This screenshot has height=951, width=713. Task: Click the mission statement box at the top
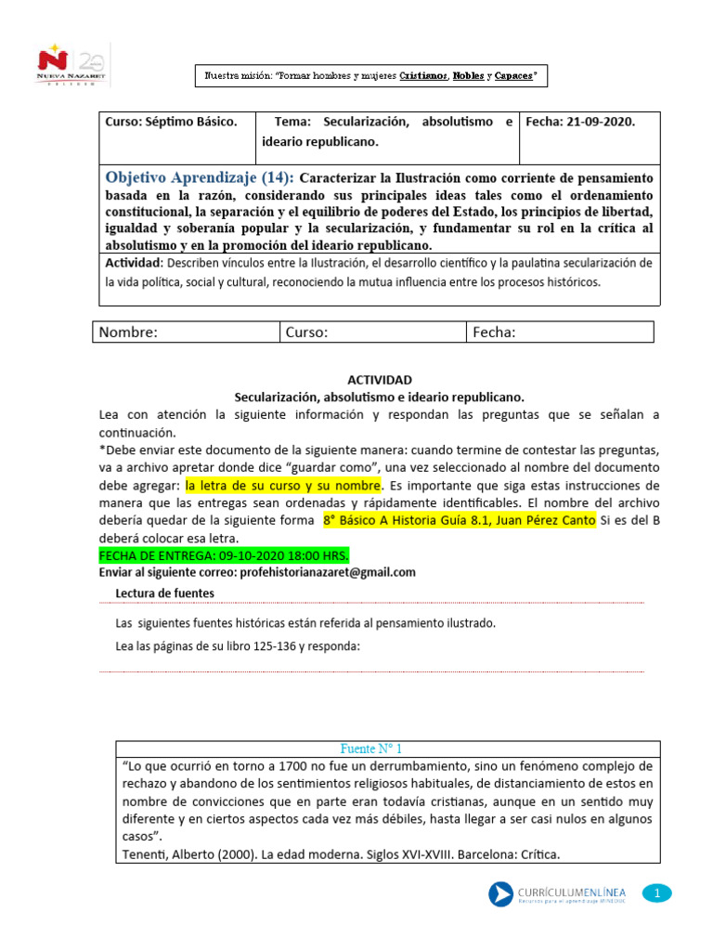369,76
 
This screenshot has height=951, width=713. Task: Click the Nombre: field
185,332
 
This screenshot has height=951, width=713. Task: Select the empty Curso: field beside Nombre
371,332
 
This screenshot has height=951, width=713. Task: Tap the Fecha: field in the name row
560,332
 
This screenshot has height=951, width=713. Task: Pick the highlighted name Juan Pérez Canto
547,521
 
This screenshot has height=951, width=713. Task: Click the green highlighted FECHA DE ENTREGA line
224,555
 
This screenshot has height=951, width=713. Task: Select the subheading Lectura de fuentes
164,593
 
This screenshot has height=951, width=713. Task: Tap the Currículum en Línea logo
555,894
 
